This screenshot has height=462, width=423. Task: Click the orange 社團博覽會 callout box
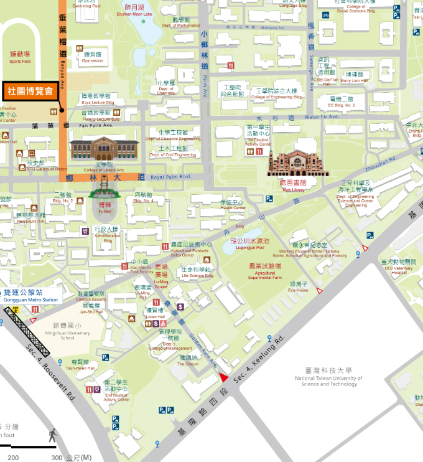pyautogui.click(x=30, y=91)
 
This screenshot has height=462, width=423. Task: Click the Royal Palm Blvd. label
pyautogui.click(x=169, y=177)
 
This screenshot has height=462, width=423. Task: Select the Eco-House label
pyautogui.click(x=298, y=287)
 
